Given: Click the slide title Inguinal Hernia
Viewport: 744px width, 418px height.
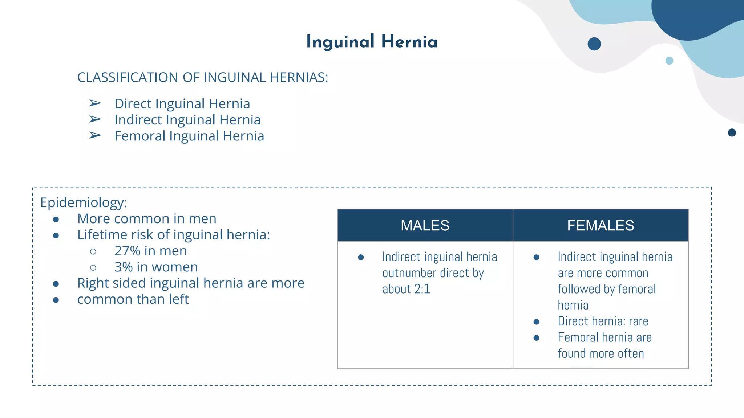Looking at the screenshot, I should (372, 42).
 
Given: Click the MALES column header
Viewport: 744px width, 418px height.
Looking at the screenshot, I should (425, 226).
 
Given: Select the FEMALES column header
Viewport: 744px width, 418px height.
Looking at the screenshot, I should (601, 226).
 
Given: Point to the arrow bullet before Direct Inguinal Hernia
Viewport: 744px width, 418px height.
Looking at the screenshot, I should (95, 103).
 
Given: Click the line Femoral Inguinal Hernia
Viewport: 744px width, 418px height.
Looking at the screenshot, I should (189, 136).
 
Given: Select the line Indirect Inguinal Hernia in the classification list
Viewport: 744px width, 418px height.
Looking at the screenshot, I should (187, 120).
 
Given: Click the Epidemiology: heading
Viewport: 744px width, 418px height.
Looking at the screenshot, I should (84, 202).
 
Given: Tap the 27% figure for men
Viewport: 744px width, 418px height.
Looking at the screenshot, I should (127, 251).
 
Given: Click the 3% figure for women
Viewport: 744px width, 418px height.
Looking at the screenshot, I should (123, 267).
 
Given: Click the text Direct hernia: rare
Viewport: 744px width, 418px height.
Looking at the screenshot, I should (603, 321).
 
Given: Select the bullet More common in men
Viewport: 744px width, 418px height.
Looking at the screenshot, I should (147, 219).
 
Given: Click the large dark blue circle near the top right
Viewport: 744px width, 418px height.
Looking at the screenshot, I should (594, 44).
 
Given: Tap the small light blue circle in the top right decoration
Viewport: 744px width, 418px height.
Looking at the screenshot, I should (669, 61).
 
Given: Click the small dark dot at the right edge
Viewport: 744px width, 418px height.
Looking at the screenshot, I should (732, 132).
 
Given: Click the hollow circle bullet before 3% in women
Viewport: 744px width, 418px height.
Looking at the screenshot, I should (93, 268).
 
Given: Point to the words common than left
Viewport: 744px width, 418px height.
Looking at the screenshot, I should (133, 299).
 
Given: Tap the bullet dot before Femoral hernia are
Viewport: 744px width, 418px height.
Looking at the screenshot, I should (536, 338).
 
